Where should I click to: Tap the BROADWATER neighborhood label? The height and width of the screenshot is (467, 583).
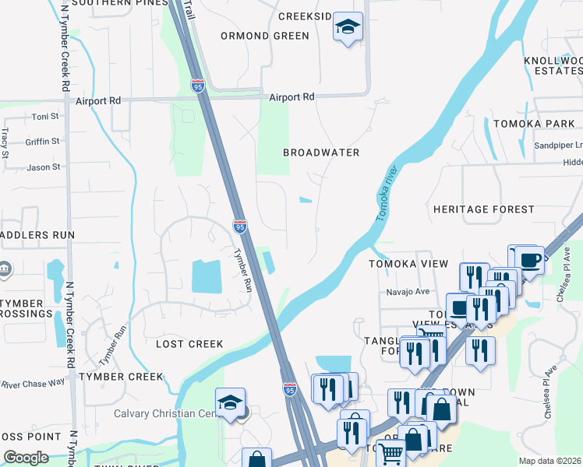[x=321, y=153]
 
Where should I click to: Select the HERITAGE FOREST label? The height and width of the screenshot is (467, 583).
[x=483, y=209]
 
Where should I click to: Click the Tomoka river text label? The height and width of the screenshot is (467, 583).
[x=387, y=194]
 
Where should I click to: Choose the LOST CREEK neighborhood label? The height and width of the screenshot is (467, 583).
[x=189, y=343]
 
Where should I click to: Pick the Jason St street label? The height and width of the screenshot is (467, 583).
[x=43, y=167]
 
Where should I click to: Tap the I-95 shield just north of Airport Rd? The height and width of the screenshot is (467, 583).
[x=197, y=86]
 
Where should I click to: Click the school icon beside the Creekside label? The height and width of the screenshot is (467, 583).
[x=348, y=29]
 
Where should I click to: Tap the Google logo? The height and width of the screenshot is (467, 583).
[x=26, y=458]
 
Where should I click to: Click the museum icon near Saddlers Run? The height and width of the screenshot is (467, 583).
[x=5, y=269]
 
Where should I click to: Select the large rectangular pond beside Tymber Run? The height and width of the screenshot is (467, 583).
[x=206, y=276]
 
